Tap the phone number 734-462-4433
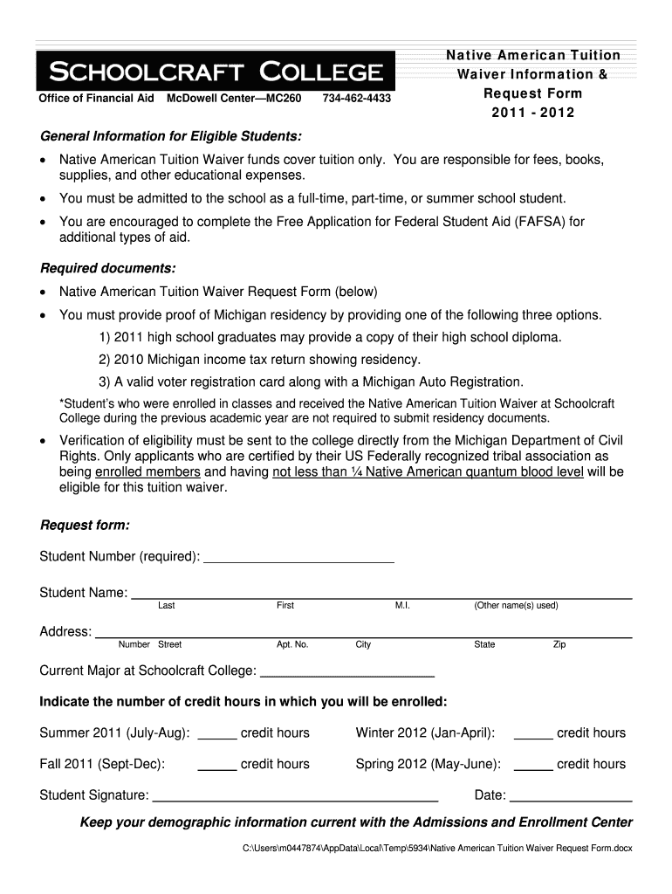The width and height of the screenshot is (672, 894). tap(356, 99)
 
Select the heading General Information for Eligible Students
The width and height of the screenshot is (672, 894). tap(172, 137)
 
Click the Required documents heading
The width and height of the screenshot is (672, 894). tap(108, 266)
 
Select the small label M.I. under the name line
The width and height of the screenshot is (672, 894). tap(402, 606)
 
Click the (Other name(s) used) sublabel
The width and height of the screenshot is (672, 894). tap(516, 606)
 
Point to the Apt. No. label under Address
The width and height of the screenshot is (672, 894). tap(292, 644)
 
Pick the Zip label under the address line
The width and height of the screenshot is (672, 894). tap(559, 644)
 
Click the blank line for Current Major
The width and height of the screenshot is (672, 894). tap(347, 672)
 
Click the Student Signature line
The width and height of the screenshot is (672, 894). tap(295, 797)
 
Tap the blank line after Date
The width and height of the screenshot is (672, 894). tap(571, 797)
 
